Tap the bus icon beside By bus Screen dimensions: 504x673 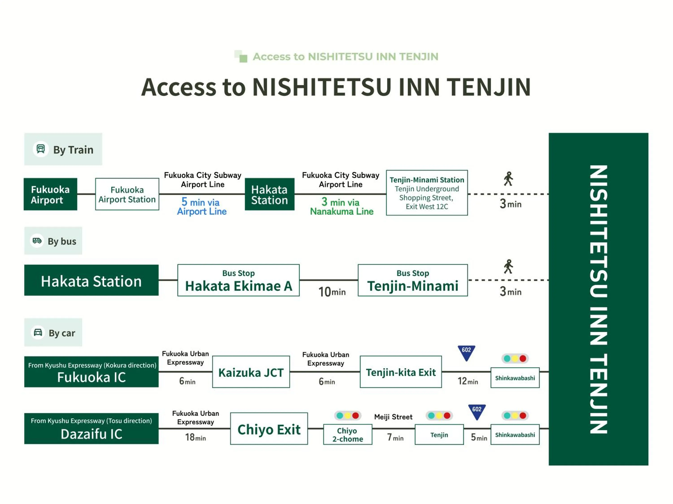[37, 241]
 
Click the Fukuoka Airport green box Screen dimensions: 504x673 [50, 194]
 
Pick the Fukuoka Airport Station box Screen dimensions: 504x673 [127, 194]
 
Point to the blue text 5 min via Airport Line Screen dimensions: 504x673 [201, 207]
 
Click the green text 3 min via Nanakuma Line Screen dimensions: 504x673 [341, 207]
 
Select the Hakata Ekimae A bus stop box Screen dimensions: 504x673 [238, 280]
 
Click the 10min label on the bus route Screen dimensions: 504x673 [332, 292]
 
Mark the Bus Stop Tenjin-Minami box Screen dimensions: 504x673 [413, 280]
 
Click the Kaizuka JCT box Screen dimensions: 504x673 [251, 372]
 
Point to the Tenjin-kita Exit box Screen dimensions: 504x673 [400, 372]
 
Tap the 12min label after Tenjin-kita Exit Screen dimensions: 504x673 [468, 381]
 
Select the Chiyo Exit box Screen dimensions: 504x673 [269, 429]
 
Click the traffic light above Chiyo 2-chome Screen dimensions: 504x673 [347, 415]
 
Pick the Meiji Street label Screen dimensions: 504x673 [393, 417]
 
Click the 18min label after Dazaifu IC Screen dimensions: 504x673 [195, 437]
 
